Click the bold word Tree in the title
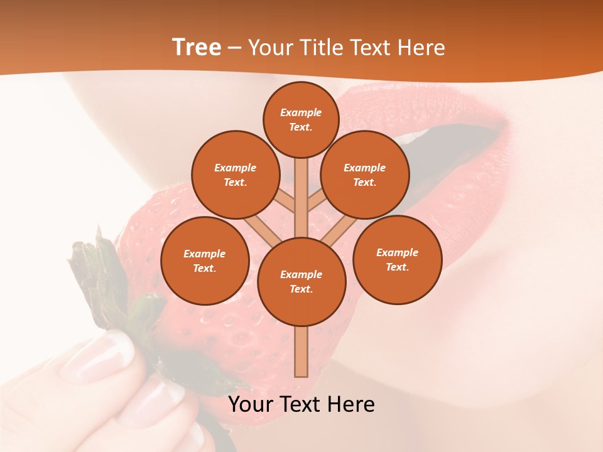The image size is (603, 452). coord(197,47)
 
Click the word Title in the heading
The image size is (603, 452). coord(322,48)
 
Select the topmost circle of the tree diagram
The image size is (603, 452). coord(301,119)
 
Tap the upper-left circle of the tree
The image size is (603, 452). coord(236,175)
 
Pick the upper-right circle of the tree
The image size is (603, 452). coord(365,175)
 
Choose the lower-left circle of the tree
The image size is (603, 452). coord(205,261)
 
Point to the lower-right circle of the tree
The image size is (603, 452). coord(397,259)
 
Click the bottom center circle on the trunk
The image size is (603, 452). coord(301,281)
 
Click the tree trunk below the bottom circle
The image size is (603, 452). coord(301,352)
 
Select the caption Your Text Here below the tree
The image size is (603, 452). coord(301,404)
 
